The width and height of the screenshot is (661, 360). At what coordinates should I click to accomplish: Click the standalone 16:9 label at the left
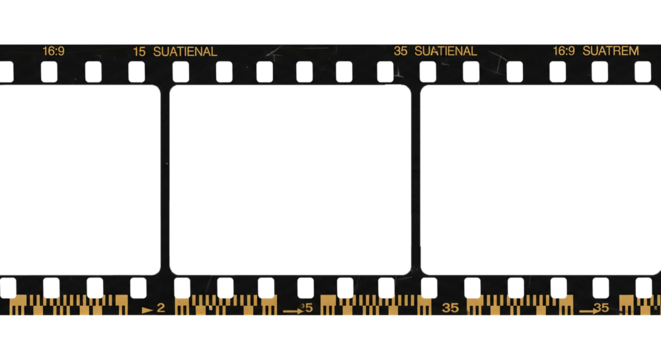pyautogui.click(x=53, y=50)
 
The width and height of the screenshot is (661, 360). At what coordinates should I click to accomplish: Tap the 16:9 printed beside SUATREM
pyautogui.click(x=564, y=50)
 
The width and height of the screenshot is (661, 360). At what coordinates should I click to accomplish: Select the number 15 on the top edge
pyautogui.click(x=139, y=50)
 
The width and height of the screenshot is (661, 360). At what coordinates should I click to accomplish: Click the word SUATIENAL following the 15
pyautogui.click(x=185, y=50)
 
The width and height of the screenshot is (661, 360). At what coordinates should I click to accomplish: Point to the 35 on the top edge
pyautogui.click(x=400, y=50)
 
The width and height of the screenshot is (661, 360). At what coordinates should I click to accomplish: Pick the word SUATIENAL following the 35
pyautogui.click(x=445, y=50)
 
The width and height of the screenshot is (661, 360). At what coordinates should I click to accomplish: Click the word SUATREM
pyautogui.click(x=610, y=50)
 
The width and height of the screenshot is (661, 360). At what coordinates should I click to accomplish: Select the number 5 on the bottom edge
pyautogui.click(x=308, y=308)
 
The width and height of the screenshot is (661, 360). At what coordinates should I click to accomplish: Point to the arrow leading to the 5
pyautogui.click(x=292, y=310)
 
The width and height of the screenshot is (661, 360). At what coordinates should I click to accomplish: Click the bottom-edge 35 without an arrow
pyautogui.click(x=450, y=308)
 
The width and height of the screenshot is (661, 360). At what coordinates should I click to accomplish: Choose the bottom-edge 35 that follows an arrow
pyautogui.click(x=600, y=308)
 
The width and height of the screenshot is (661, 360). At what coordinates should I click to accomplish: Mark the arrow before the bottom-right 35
pyautogui.click(x=583, y=310)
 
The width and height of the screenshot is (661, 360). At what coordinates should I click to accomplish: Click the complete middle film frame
pyautogui.click(x=288, y=180)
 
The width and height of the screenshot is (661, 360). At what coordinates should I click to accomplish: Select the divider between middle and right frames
pyautogui.click(x=414, y=180)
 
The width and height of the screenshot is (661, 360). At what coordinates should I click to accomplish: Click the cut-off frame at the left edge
pyautogui.click(x=75, y=180)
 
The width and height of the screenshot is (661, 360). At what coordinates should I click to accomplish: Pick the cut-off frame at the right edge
pyautogui.click(x=540, y=180)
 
